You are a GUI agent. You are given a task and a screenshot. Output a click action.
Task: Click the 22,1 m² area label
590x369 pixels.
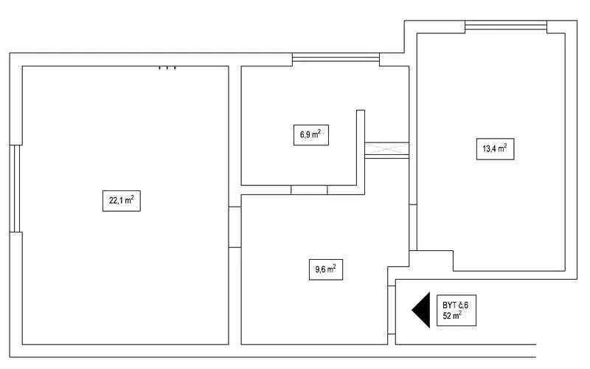[x=122, y=201]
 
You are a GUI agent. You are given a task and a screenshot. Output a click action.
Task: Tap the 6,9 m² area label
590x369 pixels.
[x=310, y=135]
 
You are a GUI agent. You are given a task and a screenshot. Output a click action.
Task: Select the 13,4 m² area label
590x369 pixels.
[x=495, y=149]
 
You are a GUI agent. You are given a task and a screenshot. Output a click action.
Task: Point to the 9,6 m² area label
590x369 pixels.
[x=326, y=269]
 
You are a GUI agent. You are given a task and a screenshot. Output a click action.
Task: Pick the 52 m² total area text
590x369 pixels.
[x=452, y=316]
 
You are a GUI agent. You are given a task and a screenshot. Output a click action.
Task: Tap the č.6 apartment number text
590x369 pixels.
[x=463, y=305]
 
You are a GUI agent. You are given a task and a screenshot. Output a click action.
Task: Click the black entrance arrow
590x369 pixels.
[x=421, y=310]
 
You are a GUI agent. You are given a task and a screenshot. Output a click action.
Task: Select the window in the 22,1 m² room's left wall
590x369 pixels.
[x=15, y=188]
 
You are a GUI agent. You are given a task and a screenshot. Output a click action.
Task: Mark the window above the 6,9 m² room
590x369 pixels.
[x=336, y=60]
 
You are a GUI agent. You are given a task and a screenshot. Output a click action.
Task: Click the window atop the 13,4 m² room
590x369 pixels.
[x=506, y=27]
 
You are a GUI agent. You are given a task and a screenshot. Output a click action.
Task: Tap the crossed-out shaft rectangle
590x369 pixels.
[x=386, y=148]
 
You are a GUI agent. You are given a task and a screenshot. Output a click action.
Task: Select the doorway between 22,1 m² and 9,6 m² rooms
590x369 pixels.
[x=235, y=227]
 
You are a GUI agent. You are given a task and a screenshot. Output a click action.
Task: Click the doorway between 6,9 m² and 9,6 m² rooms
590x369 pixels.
[x=309, y=190]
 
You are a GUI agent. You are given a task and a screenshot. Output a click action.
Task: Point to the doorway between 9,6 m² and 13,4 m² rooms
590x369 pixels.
[x=413, y=227]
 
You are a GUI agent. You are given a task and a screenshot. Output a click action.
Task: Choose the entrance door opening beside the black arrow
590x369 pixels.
[x=392, y=310]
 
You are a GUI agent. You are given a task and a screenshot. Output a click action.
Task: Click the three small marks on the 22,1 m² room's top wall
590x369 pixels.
[x=167, y=68]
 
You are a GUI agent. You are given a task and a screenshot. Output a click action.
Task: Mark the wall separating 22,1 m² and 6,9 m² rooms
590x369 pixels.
[x=235, y=137]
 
